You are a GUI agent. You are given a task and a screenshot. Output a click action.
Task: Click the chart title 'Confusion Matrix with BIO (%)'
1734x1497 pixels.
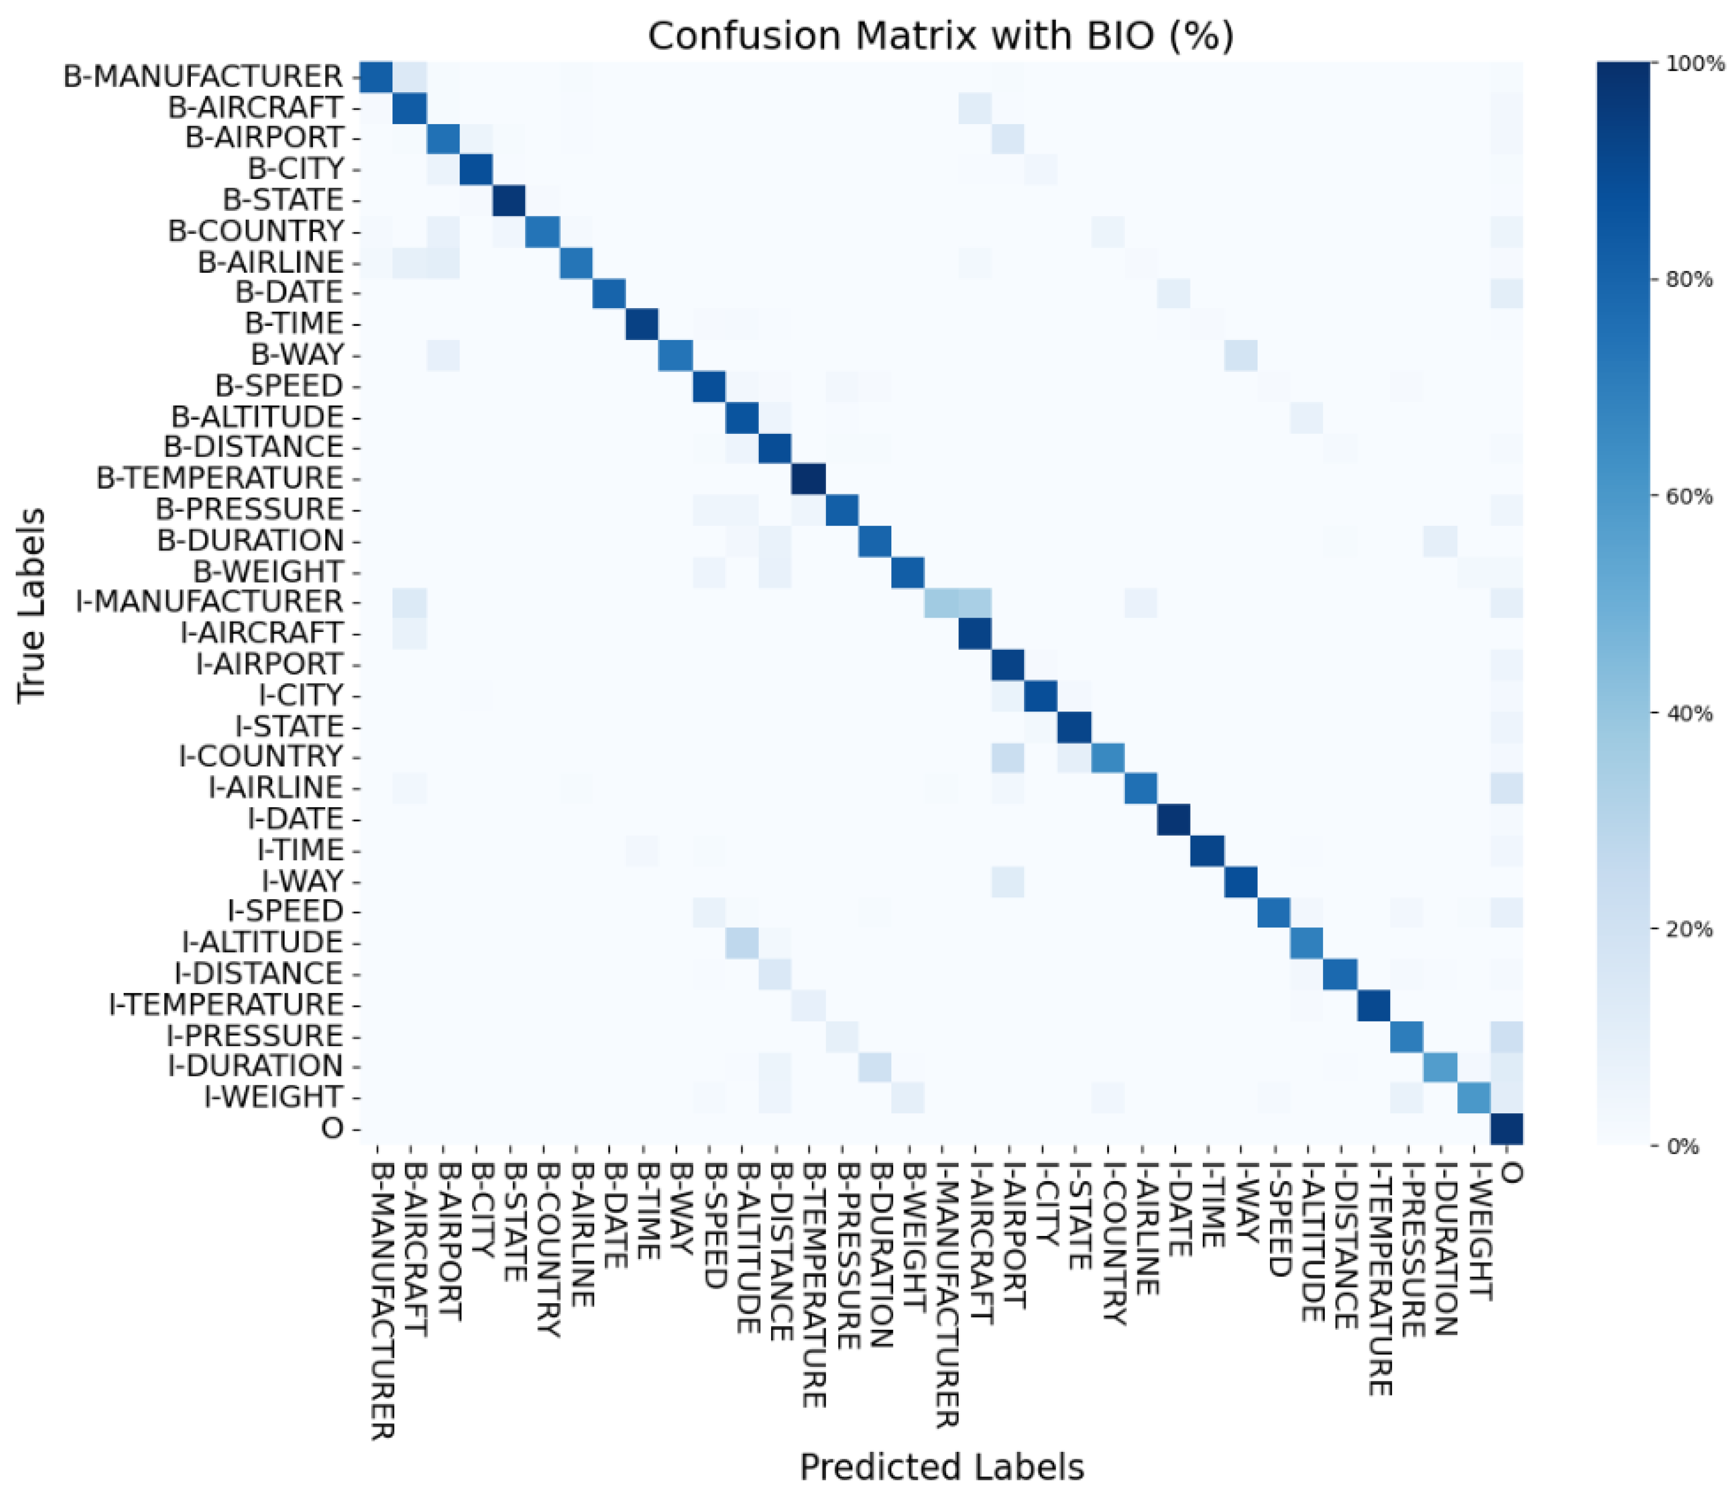[941, 36]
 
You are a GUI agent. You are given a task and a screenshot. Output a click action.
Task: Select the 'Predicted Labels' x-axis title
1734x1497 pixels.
[941, 1467]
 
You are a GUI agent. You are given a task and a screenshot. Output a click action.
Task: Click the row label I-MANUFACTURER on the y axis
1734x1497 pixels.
[209, 602]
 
